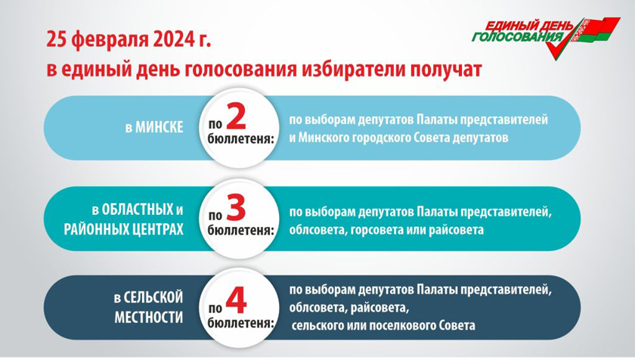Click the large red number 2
[x=236, y=116]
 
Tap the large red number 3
[x=236, y=208]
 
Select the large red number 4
[x=236, y=301]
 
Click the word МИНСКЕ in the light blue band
[x=160, y=128]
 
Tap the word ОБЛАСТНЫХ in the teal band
[x=138, y=209]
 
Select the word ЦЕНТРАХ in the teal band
[x=156, y=230]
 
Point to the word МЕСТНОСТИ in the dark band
[x=149, y=317]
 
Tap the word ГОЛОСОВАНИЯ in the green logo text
[x=518, y=37]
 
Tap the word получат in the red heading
[x=445, y=70]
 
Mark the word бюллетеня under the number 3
[x=241, y=231]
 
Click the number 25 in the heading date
[x=56, y=40]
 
